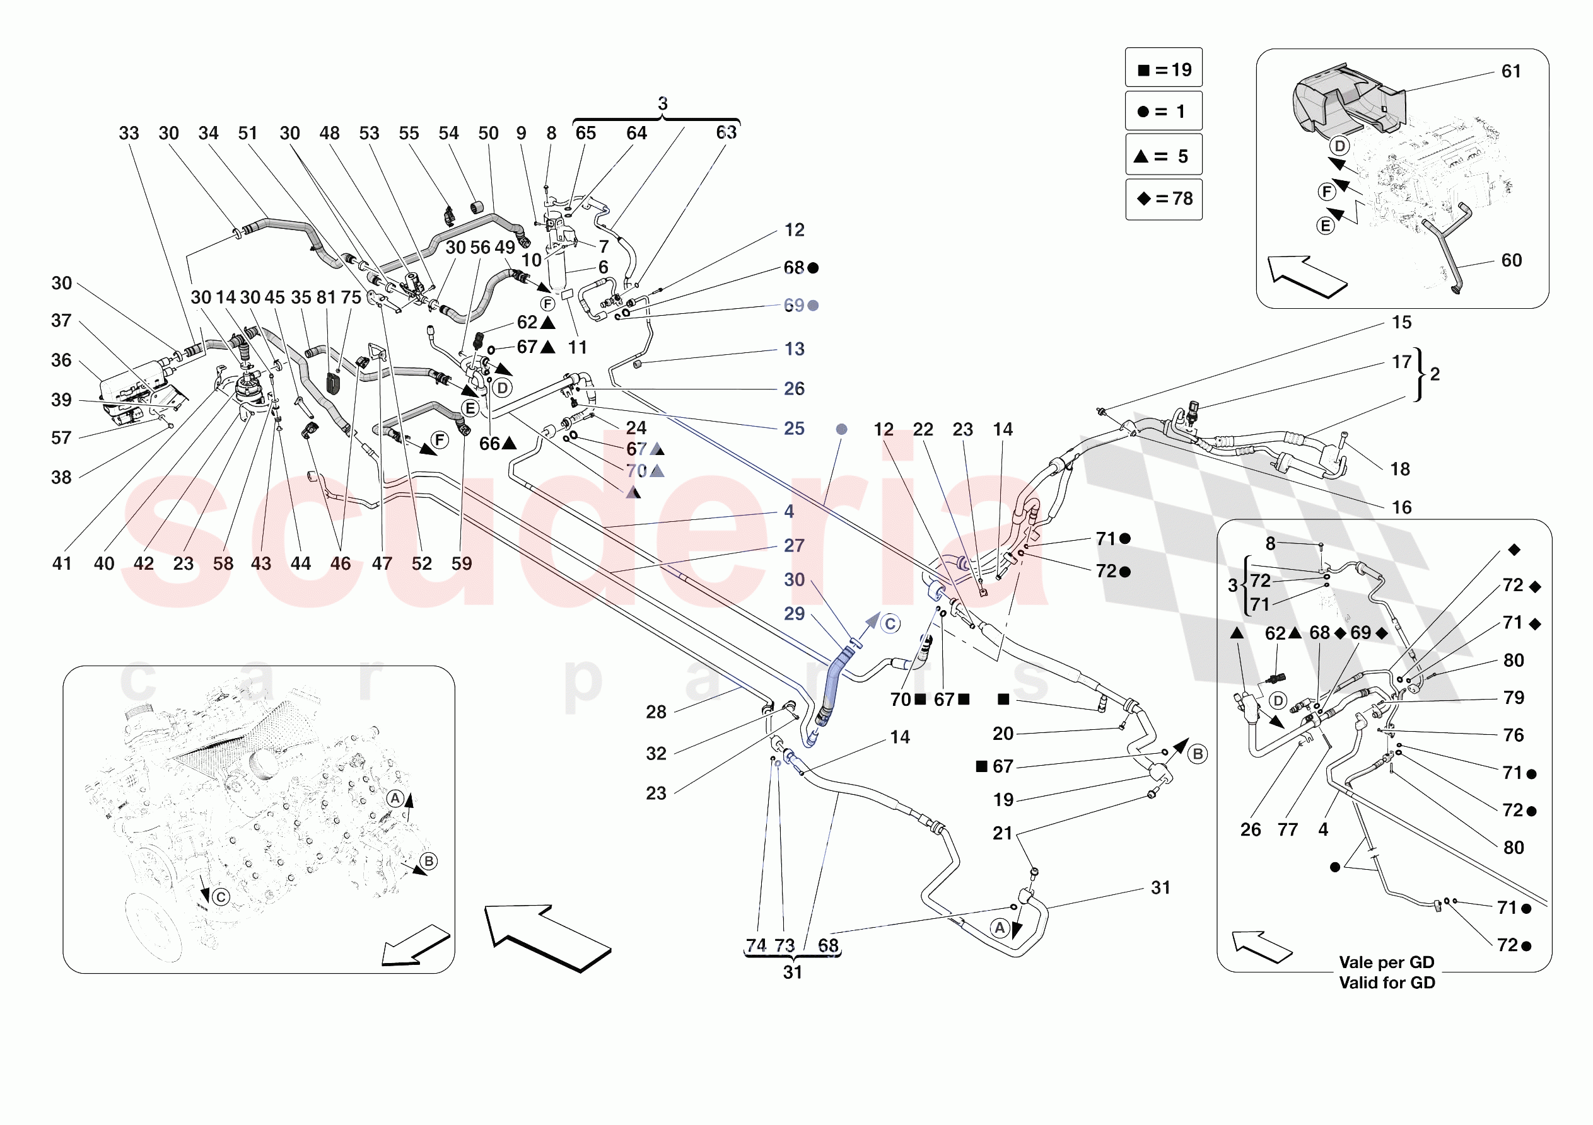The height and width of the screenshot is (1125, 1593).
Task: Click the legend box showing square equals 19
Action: click(x=1164, y=69)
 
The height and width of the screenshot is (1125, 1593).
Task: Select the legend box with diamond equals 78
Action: click(x=1164, y=199)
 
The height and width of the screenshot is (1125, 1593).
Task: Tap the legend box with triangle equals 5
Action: click(x=1164, y=156)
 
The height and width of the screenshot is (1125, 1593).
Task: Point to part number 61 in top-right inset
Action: click(x=1510, y=71)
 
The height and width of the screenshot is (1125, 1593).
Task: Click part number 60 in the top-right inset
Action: click(x=1510, y=260)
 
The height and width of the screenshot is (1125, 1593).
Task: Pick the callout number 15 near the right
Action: click(x=1401, y=323)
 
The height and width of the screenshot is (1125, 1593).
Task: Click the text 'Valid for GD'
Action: click(x=1386, y=982)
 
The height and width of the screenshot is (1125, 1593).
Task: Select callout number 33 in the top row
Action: click(x=129, y=133)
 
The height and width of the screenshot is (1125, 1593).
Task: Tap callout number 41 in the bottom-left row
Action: click(x=62, y=563)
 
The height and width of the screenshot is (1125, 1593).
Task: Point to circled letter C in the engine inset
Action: click(x=221, y=897)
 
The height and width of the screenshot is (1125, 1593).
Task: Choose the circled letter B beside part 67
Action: click(x=1198, y=754)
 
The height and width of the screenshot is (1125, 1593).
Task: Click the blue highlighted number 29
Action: click(x=795, y=614)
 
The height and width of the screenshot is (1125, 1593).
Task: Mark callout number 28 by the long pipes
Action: click(x=656, y=712)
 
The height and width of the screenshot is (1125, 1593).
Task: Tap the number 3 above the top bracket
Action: click(x=663, y=104)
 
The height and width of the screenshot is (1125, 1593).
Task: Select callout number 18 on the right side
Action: click(x=1399, y=470)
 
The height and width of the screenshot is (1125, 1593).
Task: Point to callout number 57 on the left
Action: click(x=62, y=437)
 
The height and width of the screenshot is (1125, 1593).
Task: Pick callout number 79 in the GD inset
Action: click(x=1513, y=698)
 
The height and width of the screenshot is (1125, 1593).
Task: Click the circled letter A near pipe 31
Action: click(x=999, y=927)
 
